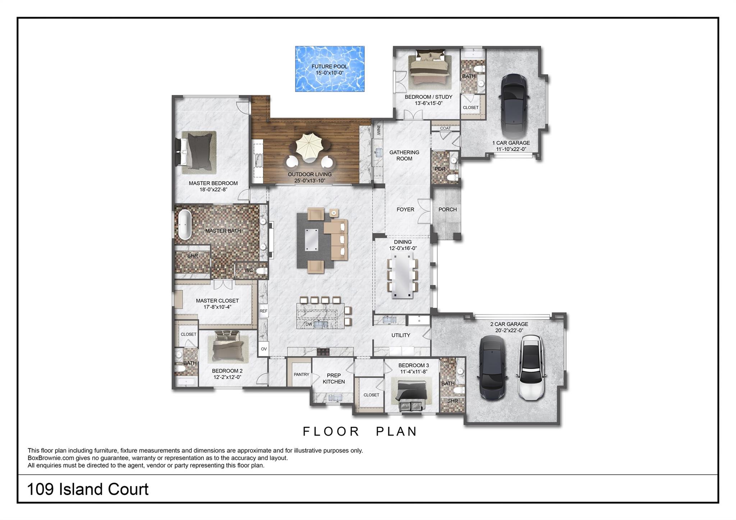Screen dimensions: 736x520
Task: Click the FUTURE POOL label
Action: point(330,66)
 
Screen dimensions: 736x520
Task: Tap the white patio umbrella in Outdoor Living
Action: point(308,147)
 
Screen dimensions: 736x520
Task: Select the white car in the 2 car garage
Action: point(530,368)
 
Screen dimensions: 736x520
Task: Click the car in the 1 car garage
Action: point(514,104)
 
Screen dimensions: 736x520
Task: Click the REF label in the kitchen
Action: point(263,311)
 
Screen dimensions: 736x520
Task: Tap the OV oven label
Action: point(264,349)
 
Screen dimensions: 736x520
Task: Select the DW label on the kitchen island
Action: point(309,324)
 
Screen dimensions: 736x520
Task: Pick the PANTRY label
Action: point(302,374)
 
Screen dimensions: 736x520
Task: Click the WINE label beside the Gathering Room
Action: point(379,130)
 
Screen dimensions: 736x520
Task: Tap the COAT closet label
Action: point(445,128)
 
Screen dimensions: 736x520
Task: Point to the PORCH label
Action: point(447,210)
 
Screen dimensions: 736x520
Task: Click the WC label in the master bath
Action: point(249,270)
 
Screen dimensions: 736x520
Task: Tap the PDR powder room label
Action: point(440,169)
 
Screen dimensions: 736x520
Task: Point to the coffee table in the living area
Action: point(311,239)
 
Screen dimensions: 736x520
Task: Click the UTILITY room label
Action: point(401,335)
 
